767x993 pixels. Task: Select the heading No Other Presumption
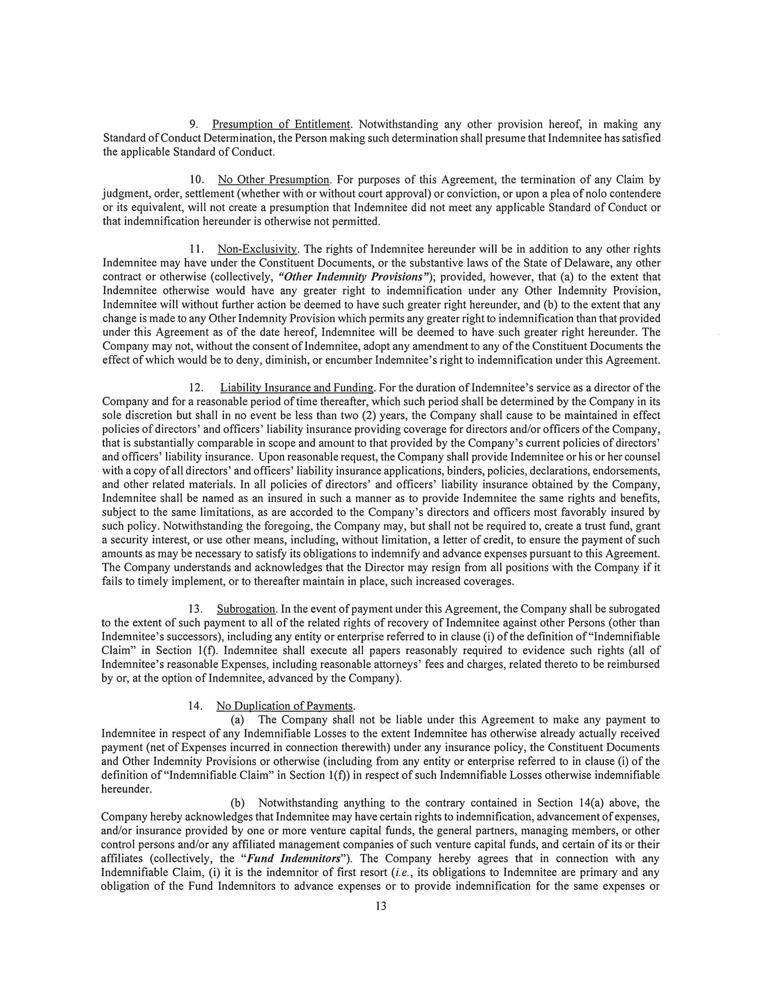pyautogui.click(x=273, y=180)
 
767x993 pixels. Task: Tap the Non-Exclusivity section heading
pyautogui.click(x=258, y=249)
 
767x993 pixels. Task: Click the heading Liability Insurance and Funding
pyautogui.click(x=297, y=388)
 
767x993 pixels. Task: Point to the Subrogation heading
pyautogui.click(x=246, y=609)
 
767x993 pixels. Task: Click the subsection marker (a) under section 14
pyautogui.click(x=238, y=720)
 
